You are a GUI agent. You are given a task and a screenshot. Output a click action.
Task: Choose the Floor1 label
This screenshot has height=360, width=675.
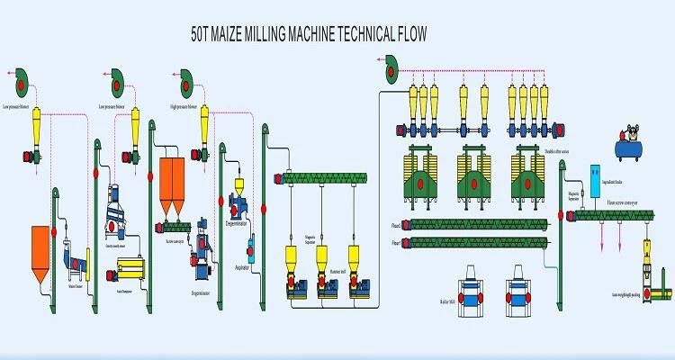396,243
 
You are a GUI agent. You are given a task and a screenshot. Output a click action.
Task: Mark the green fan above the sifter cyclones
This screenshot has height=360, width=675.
389,65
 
